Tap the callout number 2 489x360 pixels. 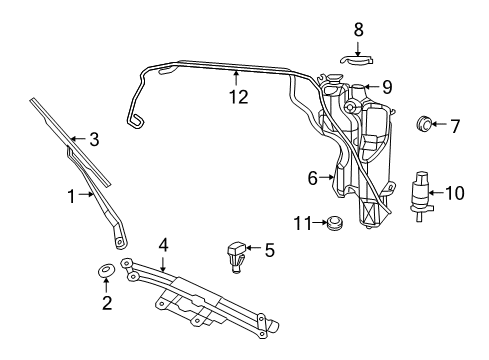(105, 303)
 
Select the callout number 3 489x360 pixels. (94, 140)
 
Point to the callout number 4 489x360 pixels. (163, 243)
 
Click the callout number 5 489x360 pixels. (268, 249)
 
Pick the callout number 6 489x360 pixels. (312, 178)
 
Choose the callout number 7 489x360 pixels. (454, 127)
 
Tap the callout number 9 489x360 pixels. (386, 87)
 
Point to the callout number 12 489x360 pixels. (237, 98)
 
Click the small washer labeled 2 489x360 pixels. (105, 272)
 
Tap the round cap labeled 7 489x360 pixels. (425, 125)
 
